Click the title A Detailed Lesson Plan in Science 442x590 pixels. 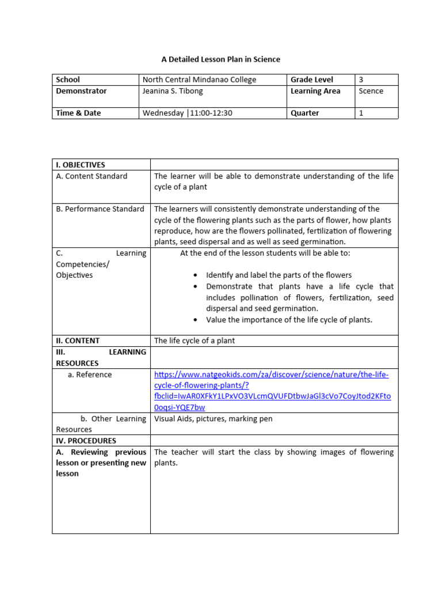pos(220,59)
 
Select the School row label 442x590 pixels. pos(68,80)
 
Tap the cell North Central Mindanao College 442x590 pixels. pos(199,80)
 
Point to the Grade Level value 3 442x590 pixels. pos(361,80)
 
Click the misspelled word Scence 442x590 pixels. pos(371,91)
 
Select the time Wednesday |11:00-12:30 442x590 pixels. pos(187,113)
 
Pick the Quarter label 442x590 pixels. pos(304,113)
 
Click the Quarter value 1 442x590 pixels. pos(361,113)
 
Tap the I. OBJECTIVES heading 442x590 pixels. pos(81,165)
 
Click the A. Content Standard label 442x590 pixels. pos(92,176)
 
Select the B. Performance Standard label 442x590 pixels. pos(100,209)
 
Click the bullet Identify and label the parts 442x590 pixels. pos(279,275)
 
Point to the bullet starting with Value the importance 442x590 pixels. pos(289,320)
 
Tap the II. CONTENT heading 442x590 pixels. pos(78,341)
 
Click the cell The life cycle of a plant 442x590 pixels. pos(195,341)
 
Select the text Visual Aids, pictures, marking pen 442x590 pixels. pos(213,419)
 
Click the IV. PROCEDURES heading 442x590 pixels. pos(86,441)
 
